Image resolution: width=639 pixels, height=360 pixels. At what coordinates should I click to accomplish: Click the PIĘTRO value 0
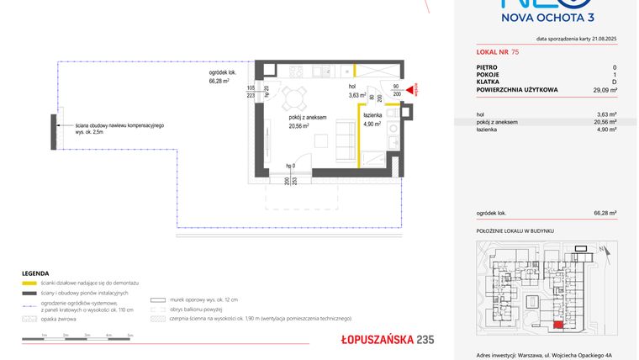pyautogui.click(x=615, y=67)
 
